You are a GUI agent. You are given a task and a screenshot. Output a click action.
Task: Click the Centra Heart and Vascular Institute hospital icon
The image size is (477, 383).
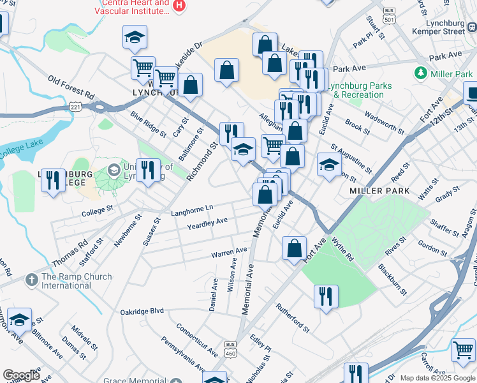tap(180, 6)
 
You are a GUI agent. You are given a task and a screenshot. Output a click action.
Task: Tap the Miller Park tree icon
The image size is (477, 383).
tap(421, 74)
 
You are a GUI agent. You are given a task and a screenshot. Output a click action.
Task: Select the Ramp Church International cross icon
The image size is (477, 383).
tap(32, 280)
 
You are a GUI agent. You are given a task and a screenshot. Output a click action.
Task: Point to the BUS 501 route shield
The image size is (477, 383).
tap(389, 15)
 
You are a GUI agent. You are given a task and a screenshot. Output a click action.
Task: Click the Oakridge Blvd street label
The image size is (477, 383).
tap(142, 312)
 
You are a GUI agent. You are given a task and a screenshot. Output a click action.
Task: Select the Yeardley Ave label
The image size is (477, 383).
tap(207, 223)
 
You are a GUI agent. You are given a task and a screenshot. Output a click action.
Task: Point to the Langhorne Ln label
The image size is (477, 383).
tap(192, 209)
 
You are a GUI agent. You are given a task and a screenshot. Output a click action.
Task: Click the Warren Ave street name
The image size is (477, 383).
tap(230, 253)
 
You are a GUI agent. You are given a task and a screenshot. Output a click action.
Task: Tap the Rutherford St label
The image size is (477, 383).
tap(292, 317)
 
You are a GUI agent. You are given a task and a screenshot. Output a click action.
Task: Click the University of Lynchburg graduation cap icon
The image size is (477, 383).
tap(114, 171)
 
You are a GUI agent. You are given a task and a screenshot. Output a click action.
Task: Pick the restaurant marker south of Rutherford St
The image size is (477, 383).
tap(326, 297)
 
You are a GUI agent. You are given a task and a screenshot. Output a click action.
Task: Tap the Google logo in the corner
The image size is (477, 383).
tap(21, 375)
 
